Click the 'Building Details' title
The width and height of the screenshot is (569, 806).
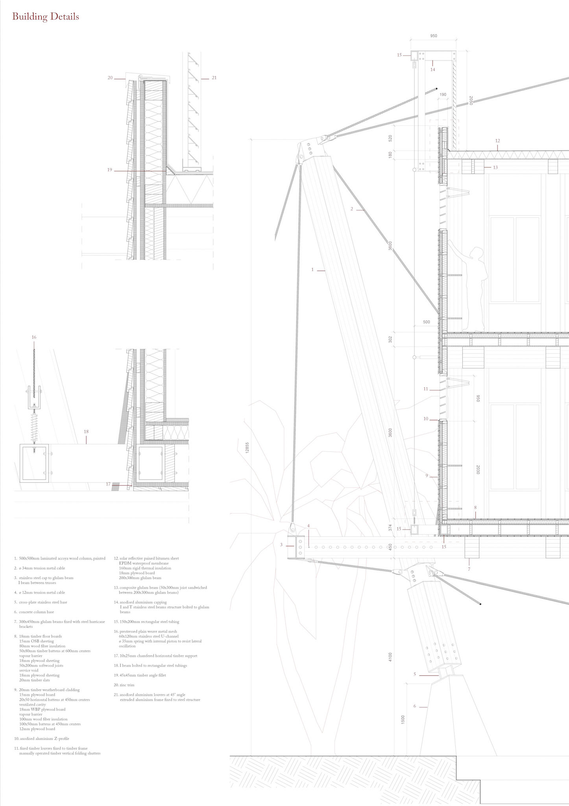(x=46, y=17)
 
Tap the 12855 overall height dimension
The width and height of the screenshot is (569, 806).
(x=247, y=447)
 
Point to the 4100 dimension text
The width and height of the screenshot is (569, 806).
(x=390, y=657)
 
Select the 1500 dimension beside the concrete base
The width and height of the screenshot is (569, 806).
(x=403, y=719)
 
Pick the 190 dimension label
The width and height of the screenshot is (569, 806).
(x=443, y=95)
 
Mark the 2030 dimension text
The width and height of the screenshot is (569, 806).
(x=478, y=470)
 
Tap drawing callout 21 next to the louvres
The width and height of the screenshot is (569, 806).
(x=214, y=78)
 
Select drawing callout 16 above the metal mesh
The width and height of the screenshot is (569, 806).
(x=34, y=337)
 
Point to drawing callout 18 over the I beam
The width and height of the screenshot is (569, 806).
(x=86, y=432)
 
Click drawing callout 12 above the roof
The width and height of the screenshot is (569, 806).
(x=497, y=140)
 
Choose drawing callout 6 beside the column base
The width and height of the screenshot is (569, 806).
(x=414, y=706)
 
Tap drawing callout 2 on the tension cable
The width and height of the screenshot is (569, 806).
(x=352, y=209)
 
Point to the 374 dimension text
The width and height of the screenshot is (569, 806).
(x=390, y=528)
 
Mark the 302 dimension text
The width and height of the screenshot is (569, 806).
(x=390, y=338)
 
